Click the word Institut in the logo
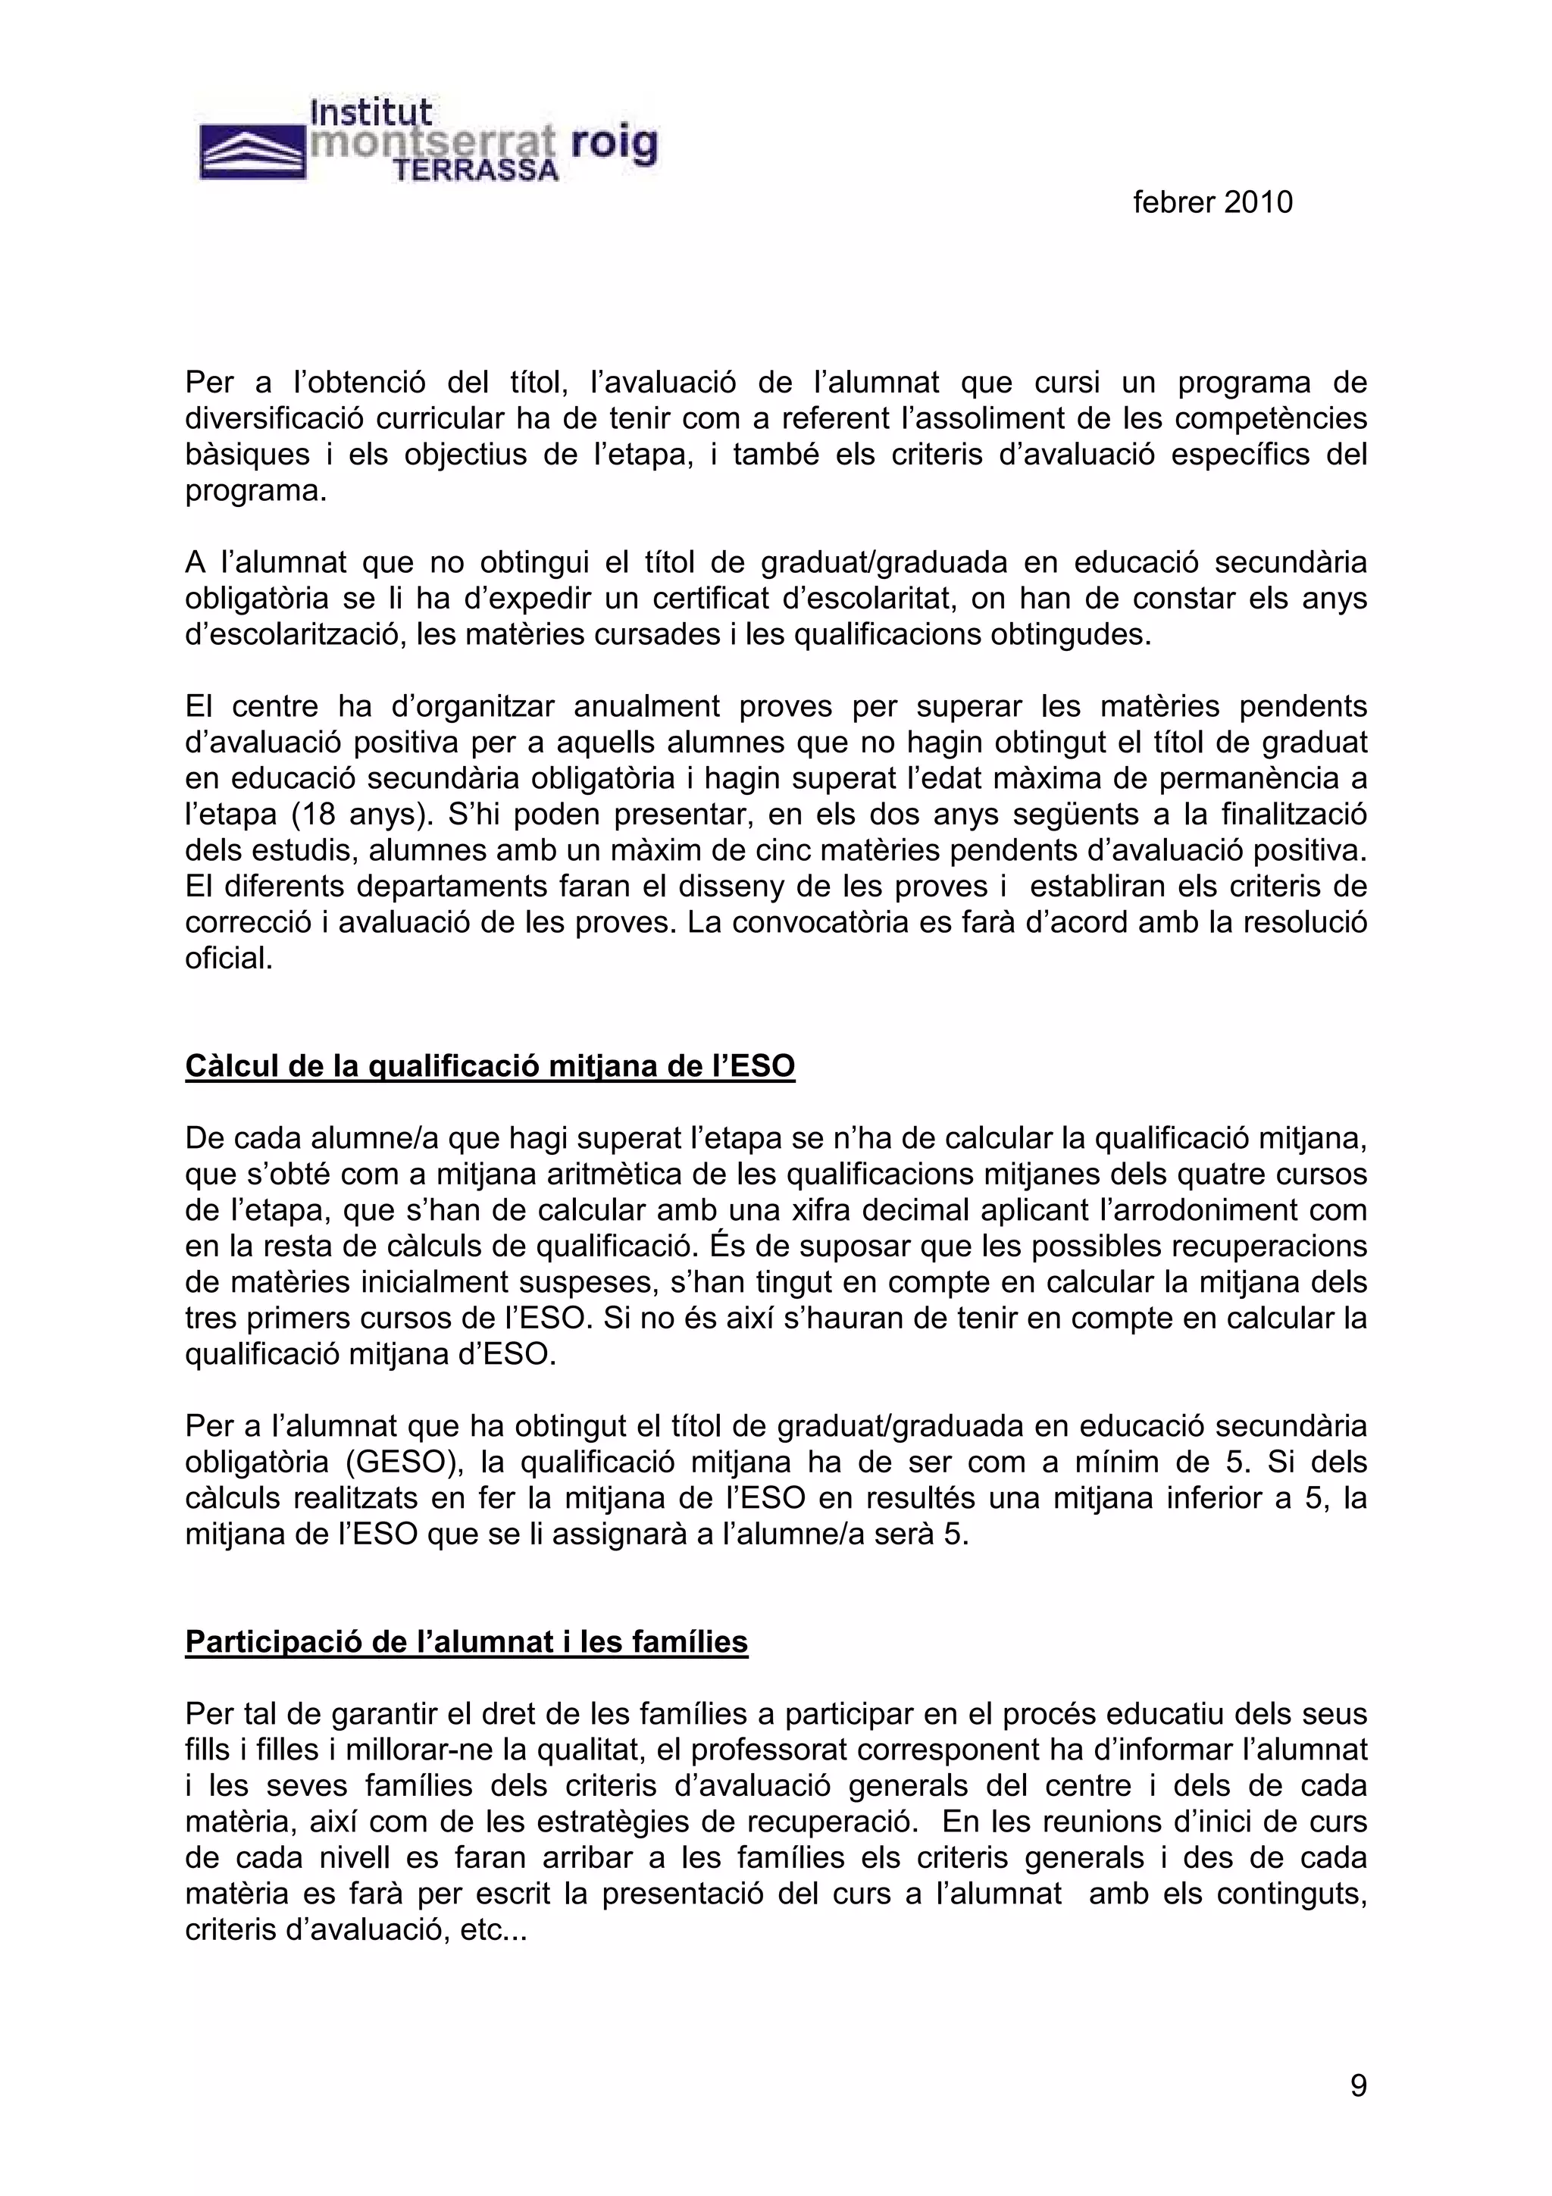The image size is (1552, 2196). click(371, 114)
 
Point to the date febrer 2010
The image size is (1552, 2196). click(1212, 202)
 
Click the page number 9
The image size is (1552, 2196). click(1358, 2085)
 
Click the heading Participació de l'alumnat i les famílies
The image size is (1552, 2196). click(466, 1641)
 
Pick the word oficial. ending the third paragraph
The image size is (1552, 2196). click(230, 959)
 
